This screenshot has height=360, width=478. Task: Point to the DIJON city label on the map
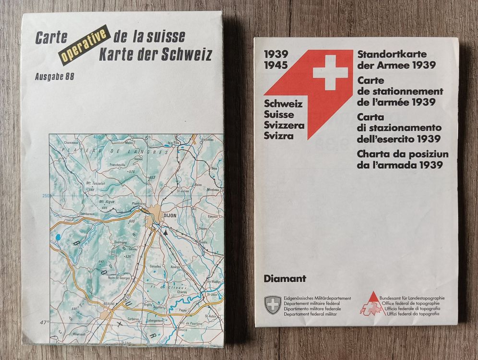click(170, 216)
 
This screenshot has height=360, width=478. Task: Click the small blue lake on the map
click(58, 237)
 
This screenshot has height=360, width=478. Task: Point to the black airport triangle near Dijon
click(166, 231)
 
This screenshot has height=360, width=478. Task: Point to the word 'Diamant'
click(285, 277)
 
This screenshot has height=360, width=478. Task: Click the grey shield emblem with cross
click(273, 305)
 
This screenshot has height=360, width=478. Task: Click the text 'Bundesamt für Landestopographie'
click(411, 298)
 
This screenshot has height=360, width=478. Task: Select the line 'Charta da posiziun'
click(402, 154)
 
